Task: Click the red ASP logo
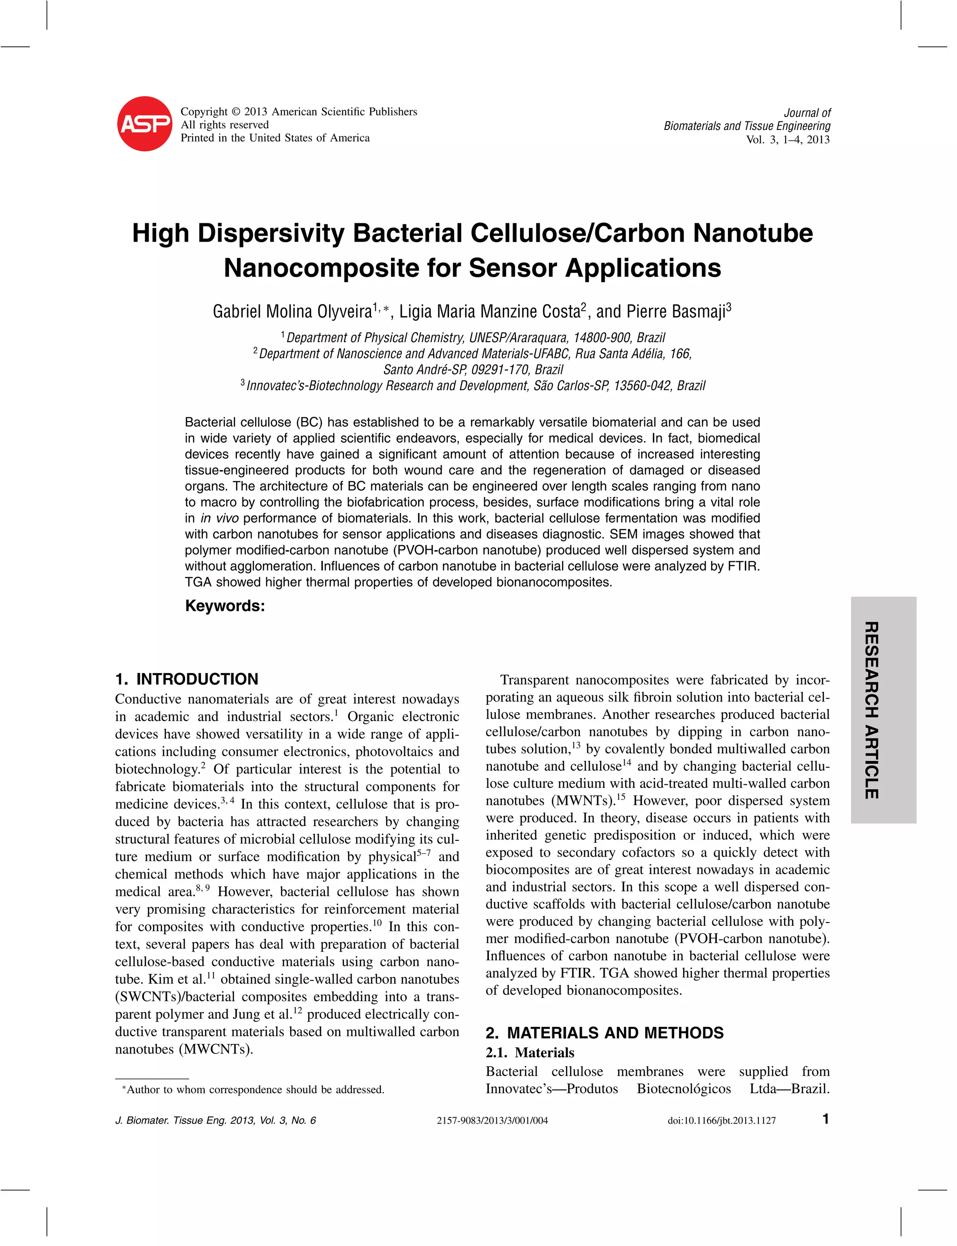click(x=145, y=124)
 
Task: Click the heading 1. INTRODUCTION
click(x=186, y=679)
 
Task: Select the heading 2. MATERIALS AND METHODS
click(x=604, y=1033)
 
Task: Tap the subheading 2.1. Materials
click(x=530, y=1053)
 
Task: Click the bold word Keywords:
click(x=225, y=606)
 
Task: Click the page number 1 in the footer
click(x=825, y=1119)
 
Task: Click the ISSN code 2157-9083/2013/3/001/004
click(x=492, y=1121)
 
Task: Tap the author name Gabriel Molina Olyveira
click(x=292, y=312)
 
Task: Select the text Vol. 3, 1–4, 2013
click(x=788, y=140)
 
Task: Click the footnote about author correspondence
click(x=253, y=1090)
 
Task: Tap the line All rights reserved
click(x=224, y=125)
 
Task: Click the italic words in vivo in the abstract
click(x=219, y=518)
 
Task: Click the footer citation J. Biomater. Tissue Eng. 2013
click(x=215, y=1121)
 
